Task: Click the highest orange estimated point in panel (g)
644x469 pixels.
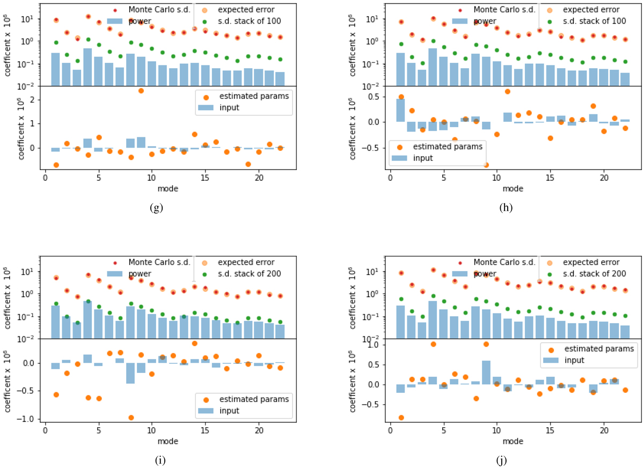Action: (x=141, y=91)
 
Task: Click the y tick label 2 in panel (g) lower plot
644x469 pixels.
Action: (x=34, y=100)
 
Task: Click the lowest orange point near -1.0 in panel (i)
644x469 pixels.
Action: (x=130, y=417)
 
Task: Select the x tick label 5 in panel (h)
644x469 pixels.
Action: (x=443, y=178)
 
